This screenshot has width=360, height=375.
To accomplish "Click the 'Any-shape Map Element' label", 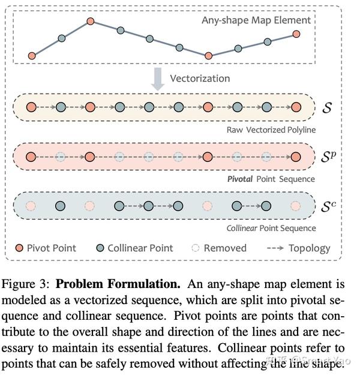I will click(x=256, y=20).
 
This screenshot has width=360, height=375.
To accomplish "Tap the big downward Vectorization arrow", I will click(x=158, y=79).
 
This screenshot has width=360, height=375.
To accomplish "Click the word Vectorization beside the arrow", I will click(x=200, y=79).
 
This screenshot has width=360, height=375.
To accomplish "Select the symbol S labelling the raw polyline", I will click(x=326, y=108).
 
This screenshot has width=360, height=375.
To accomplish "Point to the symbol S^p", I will click(x=328, y=157).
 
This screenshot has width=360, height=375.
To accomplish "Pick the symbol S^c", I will click(x=328, y=206).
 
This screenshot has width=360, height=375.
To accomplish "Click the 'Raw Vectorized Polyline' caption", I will click(x=271, y=130).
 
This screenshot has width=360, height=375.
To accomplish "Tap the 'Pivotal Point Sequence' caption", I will click(x=271, y=179).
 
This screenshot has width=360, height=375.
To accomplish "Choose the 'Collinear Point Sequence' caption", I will click(x=271, y=228).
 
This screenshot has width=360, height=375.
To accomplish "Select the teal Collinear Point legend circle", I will click(x=100, y=248).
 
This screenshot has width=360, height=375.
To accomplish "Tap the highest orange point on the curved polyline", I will click(x=91, y=22).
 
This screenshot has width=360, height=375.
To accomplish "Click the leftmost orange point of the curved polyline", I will click(x=32, y=56).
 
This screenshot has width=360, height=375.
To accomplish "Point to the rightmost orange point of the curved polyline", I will click(x=296, y=34).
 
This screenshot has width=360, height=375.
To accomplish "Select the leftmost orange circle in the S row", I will click(x=31, y=108).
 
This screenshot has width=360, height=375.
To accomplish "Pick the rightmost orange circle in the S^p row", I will click(x=296, y=157).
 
